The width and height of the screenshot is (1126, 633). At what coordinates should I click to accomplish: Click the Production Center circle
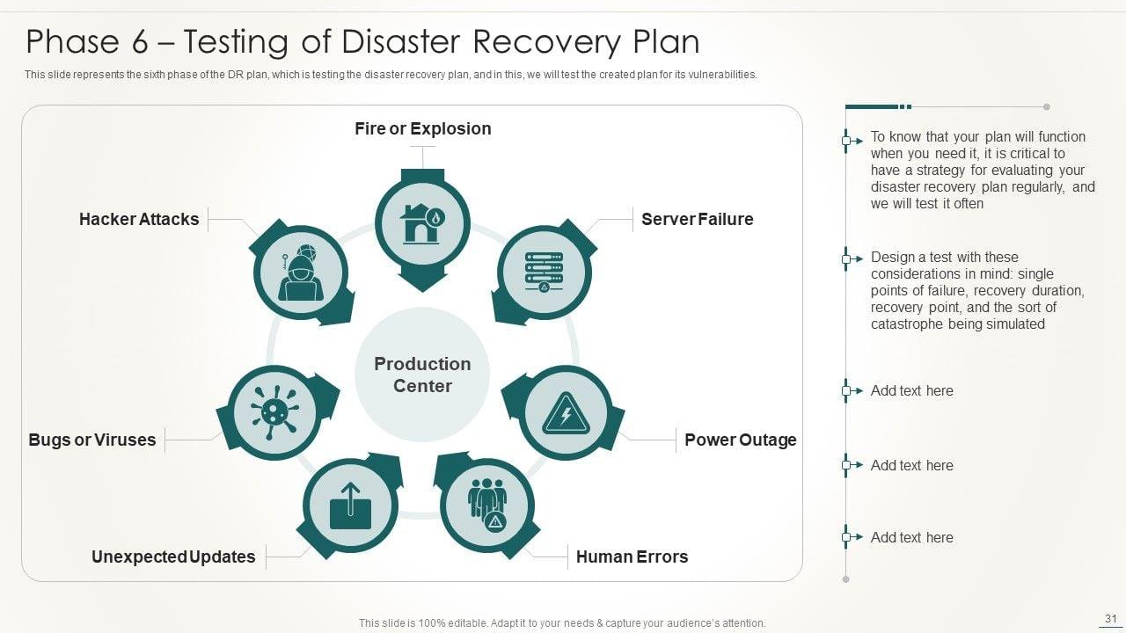(x=422, y=375)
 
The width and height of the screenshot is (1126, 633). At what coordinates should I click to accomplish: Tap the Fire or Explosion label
(x=422, y=128)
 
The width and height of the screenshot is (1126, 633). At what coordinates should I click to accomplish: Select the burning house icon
(x=422, y=223)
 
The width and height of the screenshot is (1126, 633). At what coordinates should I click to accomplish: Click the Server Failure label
(x=697, y=219)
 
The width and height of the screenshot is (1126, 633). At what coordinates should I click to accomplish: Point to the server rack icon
(x=544, y=272)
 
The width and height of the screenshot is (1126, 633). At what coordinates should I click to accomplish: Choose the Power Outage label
(x=740, y=440)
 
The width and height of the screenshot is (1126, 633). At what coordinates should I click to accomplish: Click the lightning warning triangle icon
(x=565, y=412)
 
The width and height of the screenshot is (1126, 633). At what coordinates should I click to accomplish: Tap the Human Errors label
(x=632, y=557)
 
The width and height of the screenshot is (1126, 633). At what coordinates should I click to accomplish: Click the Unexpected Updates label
(x=173, y=557)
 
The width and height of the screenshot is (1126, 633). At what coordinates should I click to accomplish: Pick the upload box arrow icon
(x=350, y=506)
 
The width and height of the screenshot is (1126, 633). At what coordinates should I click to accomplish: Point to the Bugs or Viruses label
(x=91, y=440)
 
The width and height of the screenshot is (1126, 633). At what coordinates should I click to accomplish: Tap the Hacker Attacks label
(x=139, y=219)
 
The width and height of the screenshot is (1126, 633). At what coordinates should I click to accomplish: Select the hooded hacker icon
(x=301, y=272)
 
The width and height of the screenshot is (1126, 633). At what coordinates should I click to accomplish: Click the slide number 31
(x=1109, y=619)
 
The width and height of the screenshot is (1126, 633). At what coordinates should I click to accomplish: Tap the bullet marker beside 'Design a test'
(x=847, y=258)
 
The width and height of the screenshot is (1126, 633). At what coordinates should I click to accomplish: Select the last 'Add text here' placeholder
(x=911, y=537)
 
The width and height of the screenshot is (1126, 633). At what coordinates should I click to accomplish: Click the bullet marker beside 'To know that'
(x=847, y=140)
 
